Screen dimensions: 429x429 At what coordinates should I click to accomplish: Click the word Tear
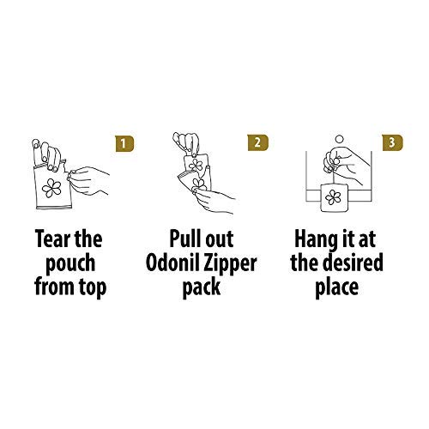(51, 237)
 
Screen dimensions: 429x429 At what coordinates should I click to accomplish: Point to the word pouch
(72, 262)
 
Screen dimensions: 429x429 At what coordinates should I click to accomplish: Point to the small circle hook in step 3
(336, 137)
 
